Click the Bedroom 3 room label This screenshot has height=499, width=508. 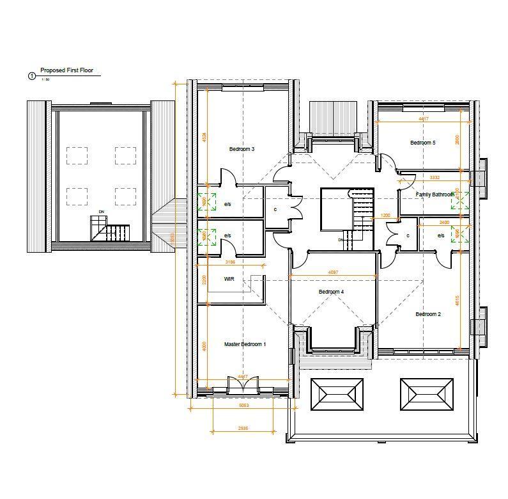[242, 149]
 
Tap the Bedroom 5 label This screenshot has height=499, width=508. [422, 143]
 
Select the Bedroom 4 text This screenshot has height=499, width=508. [331, 292]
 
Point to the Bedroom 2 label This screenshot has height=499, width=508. [427, 314]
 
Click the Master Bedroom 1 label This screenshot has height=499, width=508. [245, 344]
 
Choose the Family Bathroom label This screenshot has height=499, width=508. [435, 194]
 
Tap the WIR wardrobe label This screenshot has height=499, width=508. [229, 279]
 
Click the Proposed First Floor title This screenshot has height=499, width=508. [66, 70]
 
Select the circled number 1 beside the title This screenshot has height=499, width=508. [32, 76]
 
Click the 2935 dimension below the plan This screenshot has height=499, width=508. [242, 428]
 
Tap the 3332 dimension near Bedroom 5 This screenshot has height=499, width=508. [434, 177]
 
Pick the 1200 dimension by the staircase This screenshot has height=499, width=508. [385, 216]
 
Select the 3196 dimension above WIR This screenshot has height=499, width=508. [230, 262]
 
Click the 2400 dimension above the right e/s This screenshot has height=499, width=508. [444, 222]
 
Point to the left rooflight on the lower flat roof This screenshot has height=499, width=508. [337, 394]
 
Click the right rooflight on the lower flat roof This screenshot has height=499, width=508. [427, 394]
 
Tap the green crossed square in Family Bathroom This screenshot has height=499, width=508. [459, 201]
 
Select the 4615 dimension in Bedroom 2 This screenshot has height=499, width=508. [457, 300]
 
